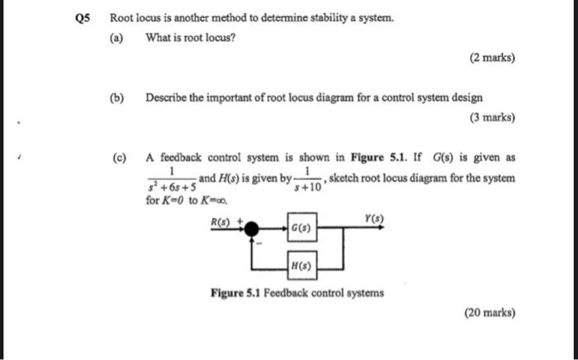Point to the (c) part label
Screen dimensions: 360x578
[121, 159]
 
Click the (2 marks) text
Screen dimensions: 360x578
[491, 58]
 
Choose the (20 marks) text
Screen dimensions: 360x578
[489, 313]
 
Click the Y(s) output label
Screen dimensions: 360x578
[371, 219]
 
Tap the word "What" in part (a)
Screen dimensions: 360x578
[157, 37]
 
